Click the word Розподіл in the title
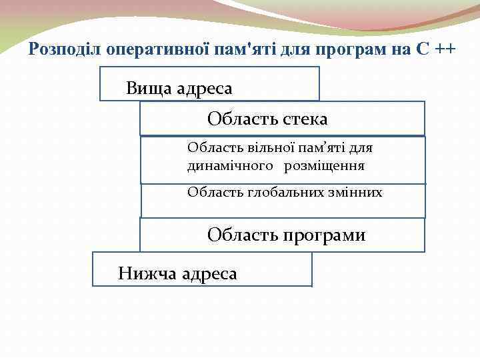(61, 49)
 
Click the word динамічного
(230, 165)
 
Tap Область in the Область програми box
(241, 235)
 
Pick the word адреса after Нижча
(209, 273)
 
